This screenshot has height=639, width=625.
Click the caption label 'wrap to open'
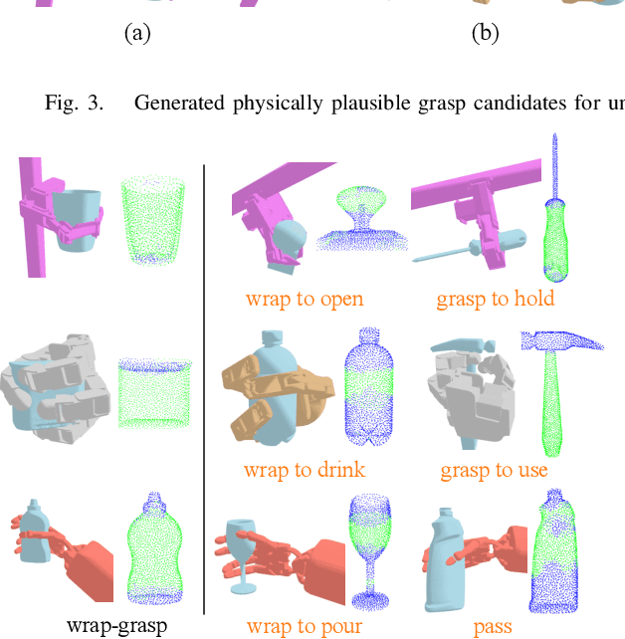(304, 298)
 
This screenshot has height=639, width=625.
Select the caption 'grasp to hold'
(495, 298)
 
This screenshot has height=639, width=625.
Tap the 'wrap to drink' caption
(304, 470)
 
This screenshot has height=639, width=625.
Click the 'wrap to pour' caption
(304, 626)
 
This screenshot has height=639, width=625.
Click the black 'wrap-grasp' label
(117, 626)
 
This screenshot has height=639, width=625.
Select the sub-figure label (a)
(137, 34)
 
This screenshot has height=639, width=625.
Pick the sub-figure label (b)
(485, 34)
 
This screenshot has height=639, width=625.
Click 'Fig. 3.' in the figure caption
(74, 103)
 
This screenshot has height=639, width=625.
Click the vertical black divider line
(204, 388)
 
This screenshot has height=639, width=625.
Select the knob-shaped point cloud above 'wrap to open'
(361, 224)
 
